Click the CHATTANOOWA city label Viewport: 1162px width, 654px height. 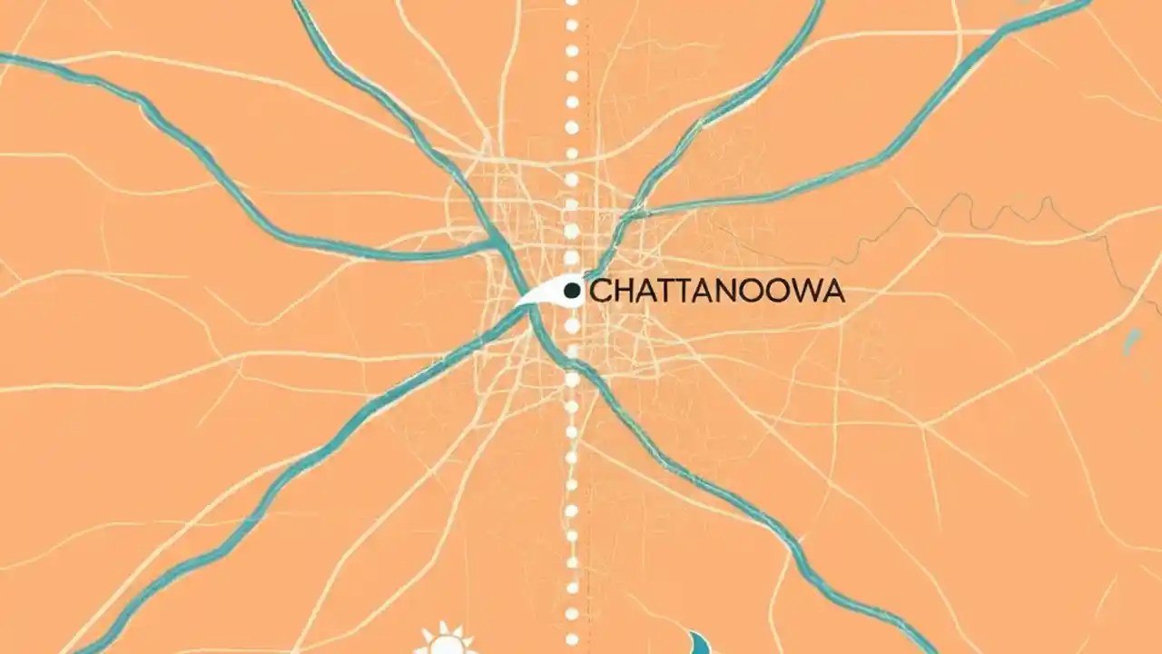pos(717,292)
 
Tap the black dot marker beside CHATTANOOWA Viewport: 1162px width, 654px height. pos(572,291)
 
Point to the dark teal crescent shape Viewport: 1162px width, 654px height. pos(700,643)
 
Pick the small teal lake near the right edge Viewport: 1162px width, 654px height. pos(1130,342)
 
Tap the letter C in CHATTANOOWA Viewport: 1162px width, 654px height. pos(600,292)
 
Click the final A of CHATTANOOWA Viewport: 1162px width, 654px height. pos(834,292)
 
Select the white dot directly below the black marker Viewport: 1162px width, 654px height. pos(572,322)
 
